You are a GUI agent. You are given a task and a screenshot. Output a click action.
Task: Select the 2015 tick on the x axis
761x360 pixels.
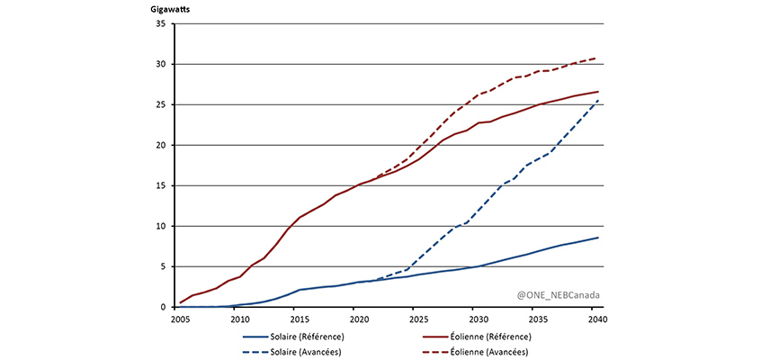[300, 319]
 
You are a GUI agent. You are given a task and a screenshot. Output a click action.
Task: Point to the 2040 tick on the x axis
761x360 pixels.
[596, 319]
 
